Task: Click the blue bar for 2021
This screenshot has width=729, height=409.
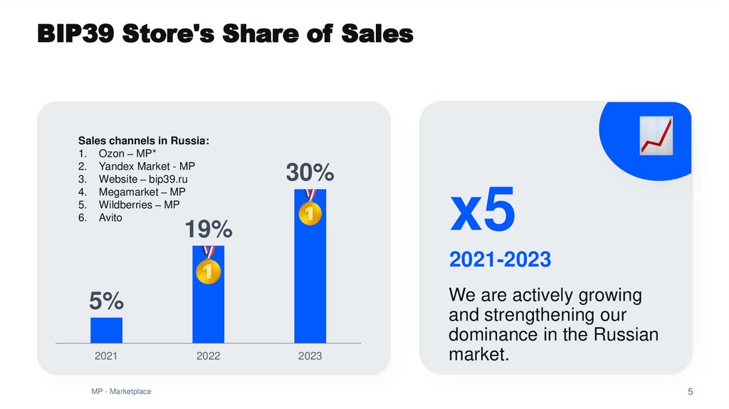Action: pos(106,330)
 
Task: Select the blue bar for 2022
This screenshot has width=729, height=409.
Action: pos(208,306)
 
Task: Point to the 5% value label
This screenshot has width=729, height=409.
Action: pos(106,301)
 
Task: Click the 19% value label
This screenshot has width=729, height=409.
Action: pos(209,229)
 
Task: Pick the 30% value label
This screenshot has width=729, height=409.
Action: pos(310,172)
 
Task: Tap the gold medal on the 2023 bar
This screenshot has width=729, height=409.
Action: pos(310,212)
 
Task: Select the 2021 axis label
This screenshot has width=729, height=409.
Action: pos(106,356)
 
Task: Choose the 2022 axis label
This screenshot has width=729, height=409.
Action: pos(209,356)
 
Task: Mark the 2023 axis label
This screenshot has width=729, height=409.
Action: pos(310,356)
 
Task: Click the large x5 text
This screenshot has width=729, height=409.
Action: pos(482,212)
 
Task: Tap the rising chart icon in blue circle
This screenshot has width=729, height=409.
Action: pos(656,135)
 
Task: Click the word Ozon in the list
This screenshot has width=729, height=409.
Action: pos(110,153)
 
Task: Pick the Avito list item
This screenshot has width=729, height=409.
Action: pos(110,217)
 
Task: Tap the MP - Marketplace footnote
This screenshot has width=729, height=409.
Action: pos(121,392)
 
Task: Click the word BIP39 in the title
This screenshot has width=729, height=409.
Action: pos(75,33)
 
